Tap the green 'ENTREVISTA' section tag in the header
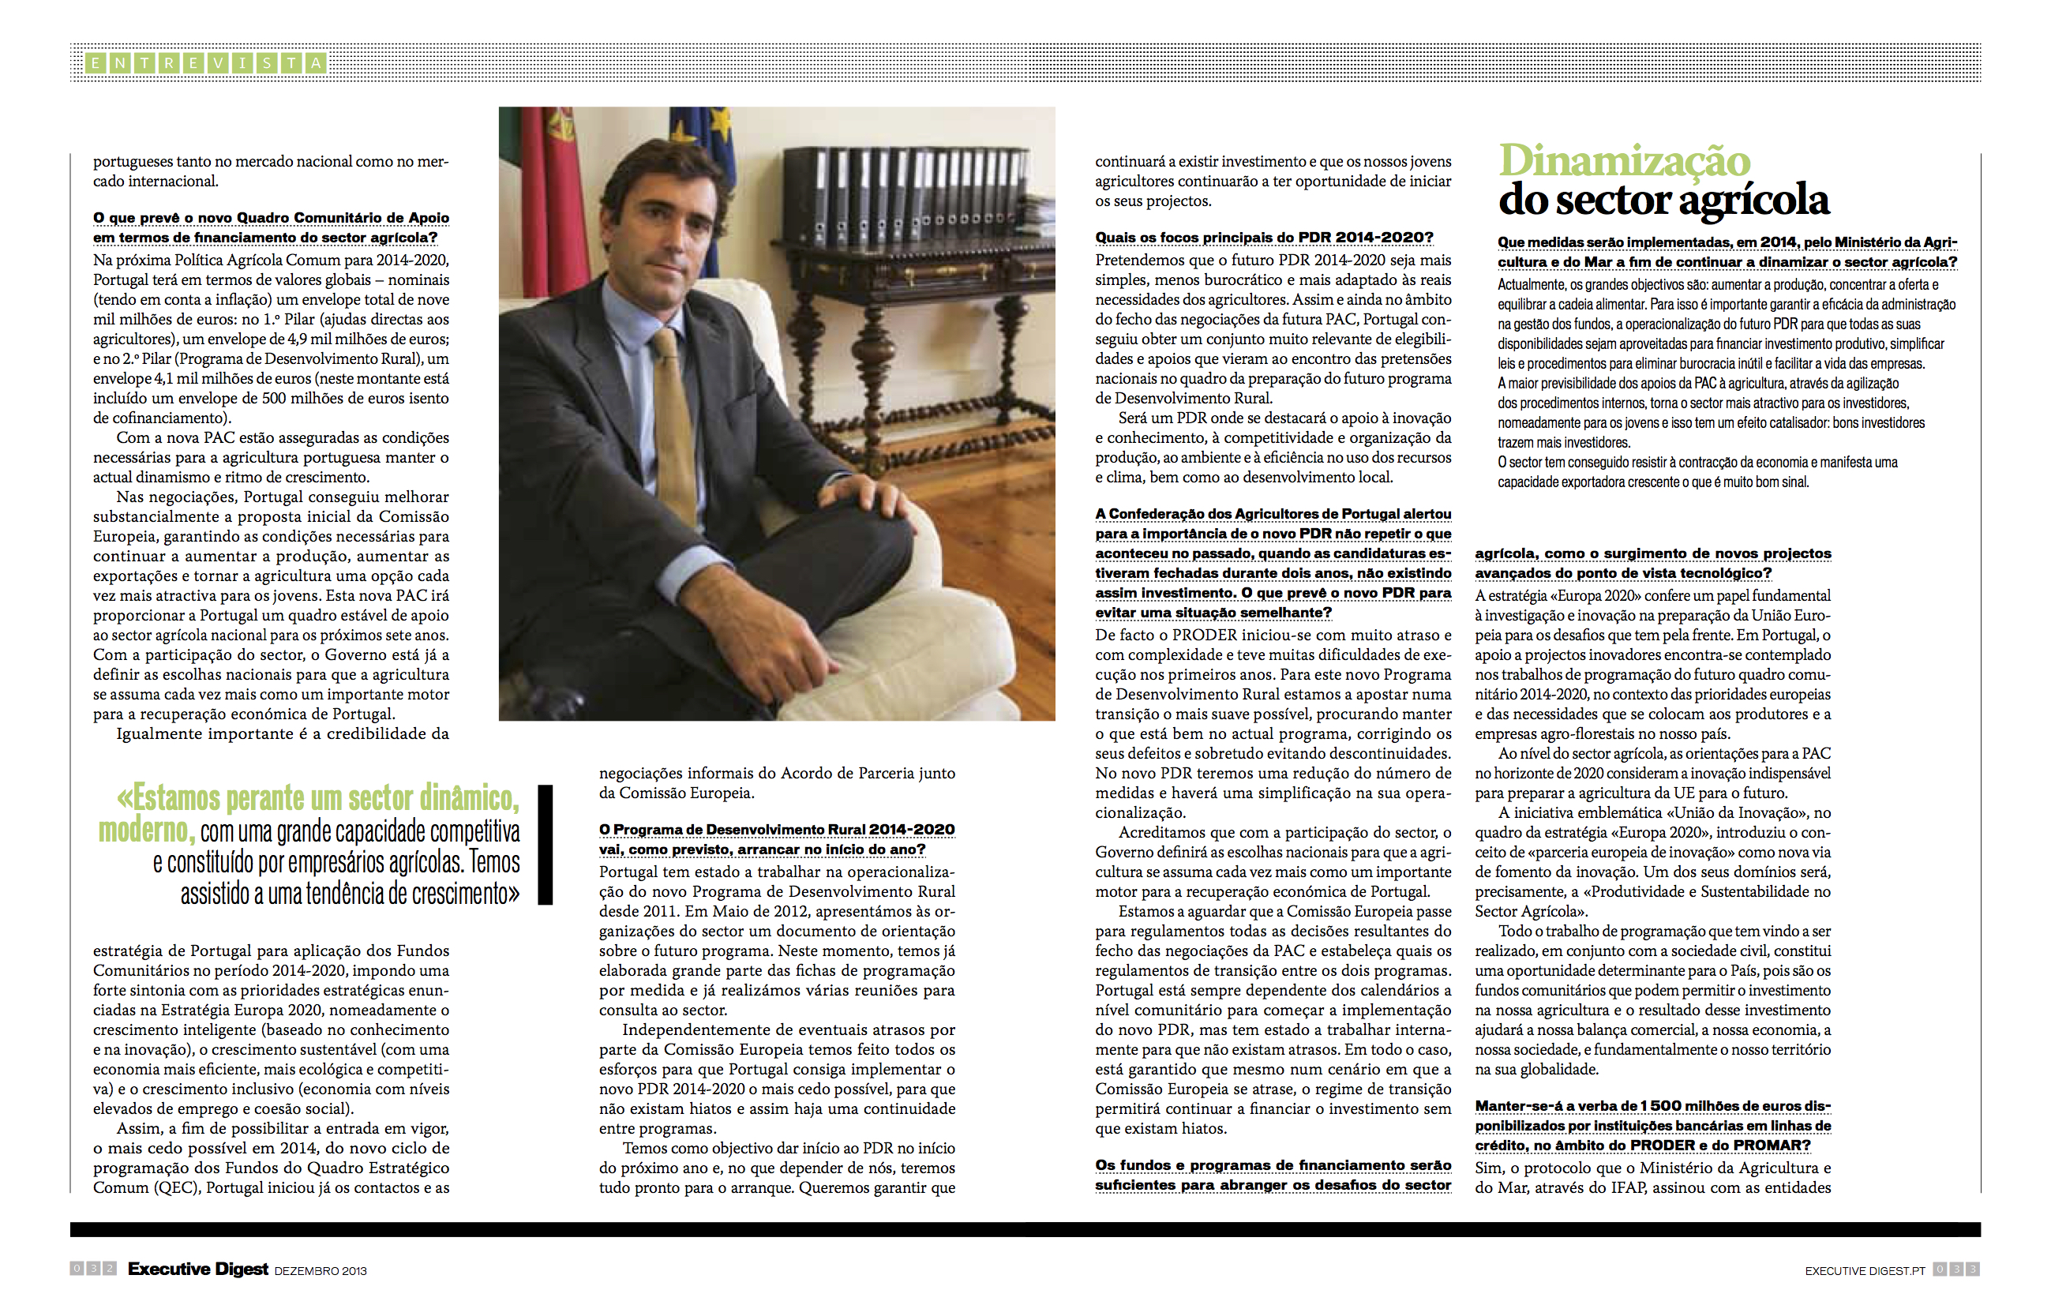pyautogui.click(x=205, y=62)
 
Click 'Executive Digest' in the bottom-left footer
pyautogui.click(x=197, y=1269)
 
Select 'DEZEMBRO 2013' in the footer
pyautogui.click(x=321, y=1271)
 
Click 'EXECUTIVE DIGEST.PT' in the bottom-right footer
pyautogui.click(x=1865, y=1271)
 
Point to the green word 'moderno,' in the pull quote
pyautogui.click(x=147, y=830)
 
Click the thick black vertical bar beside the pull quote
pyautogui.click(x=545, y=844)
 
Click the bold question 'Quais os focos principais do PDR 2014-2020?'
pyautogui.click(x=1264, y=238)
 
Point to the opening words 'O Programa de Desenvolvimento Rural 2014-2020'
pyautogui.click(x=776, y=830)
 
